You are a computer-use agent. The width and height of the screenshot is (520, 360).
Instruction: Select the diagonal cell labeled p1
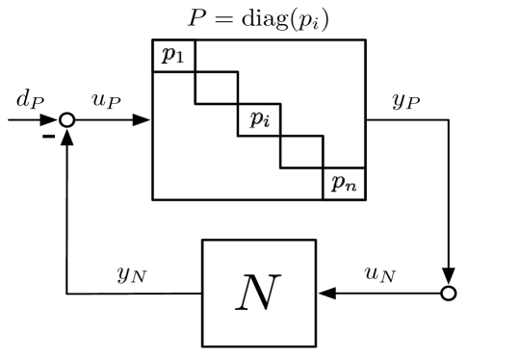pyautogui.click(x=173, y=56)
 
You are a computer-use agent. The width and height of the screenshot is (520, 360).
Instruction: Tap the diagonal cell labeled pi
pyautogui.click(x=258, y=119)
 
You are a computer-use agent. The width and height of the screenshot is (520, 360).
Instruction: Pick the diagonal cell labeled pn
pyautogui.click(x=344, y=183)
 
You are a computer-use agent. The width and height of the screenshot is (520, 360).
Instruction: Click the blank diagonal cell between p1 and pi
pyautogui.click(x=216, y=88)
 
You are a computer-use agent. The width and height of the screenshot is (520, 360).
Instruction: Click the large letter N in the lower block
pyautogui.click(x=258, y=292)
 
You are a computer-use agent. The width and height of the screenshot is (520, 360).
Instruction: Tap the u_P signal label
pyautogui.click(x=105, y=100)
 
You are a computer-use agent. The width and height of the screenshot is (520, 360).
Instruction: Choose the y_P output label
pyautogui.click(x=404, y=102)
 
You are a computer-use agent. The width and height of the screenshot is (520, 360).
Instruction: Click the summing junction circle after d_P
pyautogui.click(x=65, y=120)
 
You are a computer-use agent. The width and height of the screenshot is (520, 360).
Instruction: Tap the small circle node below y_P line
pyautogui.click(x=447, y=293)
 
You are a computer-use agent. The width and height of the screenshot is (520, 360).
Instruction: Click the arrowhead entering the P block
pyautogui.click(x=144, y=120)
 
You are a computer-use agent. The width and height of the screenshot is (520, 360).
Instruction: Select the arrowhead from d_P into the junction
pyautogui.click(x=51, y=120)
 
